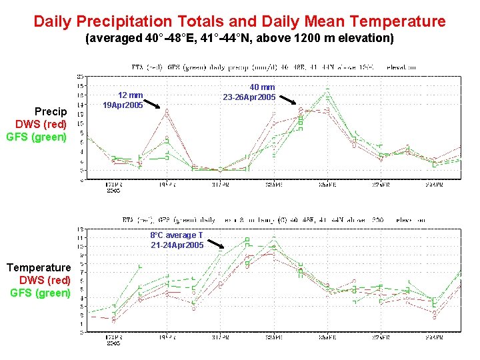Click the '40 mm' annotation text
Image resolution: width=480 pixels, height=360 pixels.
pos(262,87)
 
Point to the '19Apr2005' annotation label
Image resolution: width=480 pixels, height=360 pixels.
pos(123,105)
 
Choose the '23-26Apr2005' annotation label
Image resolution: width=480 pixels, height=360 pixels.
pos(249,97)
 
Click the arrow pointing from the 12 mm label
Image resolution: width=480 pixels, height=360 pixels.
pos(152,103)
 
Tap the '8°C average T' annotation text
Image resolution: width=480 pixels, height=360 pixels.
pos(177,235)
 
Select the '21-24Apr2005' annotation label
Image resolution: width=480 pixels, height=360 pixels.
pos(177,245)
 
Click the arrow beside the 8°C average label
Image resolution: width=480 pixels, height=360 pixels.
pos(214,244)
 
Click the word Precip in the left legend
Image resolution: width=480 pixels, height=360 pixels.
pos(51,111)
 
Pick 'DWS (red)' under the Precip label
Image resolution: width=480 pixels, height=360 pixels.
pos(41,124)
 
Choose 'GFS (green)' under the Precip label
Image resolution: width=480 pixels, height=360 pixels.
pos(37,137)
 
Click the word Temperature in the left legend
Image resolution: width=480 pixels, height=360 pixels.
pos(38,267)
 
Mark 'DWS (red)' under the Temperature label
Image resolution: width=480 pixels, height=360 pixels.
pos(45,280)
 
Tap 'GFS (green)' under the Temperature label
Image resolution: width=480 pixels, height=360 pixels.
pos(40,293)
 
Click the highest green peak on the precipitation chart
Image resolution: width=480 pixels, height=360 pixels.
pos(327,89)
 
